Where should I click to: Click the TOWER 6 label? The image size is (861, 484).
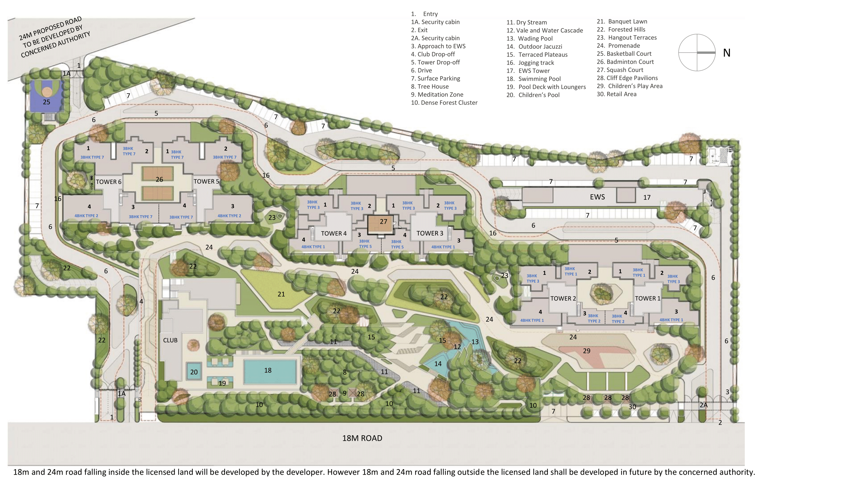108,182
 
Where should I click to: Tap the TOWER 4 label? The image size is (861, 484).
333,234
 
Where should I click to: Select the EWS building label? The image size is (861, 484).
597,197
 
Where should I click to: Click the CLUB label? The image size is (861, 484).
170,340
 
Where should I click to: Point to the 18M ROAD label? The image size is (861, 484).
362,438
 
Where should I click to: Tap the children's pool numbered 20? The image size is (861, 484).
194,372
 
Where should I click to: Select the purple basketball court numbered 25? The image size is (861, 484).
46,97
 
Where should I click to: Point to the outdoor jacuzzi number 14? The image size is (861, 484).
438,364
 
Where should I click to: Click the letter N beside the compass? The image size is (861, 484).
727,53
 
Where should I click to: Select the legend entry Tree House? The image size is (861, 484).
430,86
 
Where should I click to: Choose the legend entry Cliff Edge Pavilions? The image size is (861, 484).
627,78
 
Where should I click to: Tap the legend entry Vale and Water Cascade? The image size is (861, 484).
545,30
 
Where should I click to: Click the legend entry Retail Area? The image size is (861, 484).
617,94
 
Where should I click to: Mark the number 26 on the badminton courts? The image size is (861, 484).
159,179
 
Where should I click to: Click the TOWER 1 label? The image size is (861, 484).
647,298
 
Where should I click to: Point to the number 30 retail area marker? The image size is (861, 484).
632,407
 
